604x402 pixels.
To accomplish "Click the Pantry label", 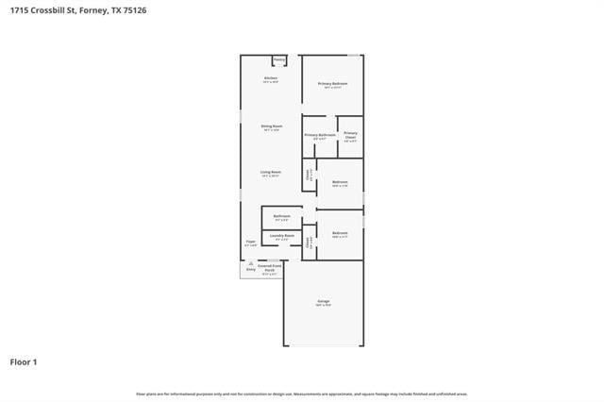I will [279, 59].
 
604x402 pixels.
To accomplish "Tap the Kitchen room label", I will [270, 77].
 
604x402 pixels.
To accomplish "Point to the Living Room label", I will [271, 172].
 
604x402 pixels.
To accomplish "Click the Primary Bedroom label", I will [332, 84].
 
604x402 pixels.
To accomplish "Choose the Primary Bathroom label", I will [319, 135].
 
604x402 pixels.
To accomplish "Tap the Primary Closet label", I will [350, 135].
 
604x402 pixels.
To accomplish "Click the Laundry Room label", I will [281, 235].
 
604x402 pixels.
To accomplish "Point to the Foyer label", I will [250, 242].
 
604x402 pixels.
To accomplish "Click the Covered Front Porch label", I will [271, 267].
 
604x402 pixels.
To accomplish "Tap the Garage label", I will [323, 303].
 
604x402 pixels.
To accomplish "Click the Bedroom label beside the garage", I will [340, 232].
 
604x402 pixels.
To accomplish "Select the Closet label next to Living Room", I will [308, 174].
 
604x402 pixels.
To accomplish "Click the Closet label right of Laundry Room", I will [308, 242].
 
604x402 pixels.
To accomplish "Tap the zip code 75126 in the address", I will [133, 9].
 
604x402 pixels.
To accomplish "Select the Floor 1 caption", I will [24, 361].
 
